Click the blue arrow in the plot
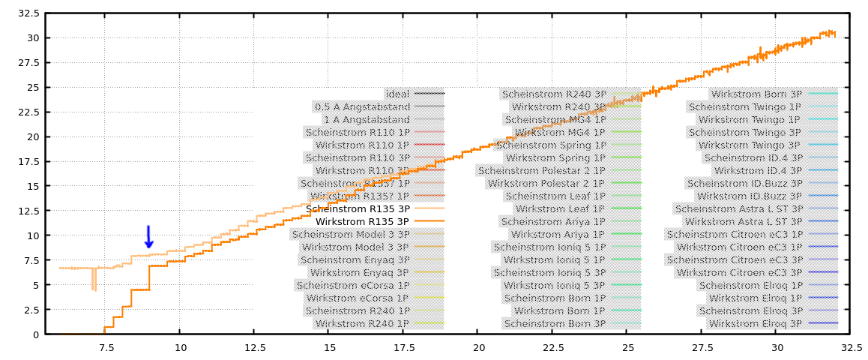click(x=148, y=236)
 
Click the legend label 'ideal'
click(x=397, y=94)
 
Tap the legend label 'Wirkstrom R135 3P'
click(x=362, y=221)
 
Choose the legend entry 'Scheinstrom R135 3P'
click(x=358, y=208)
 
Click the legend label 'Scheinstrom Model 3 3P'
click(x=351, y=234)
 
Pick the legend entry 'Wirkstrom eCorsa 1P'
click(x=358, y=298)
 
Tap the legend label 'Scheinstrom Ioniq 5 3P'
click(x=549, y=272)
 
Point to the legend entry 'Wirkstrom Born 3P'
click(x=756, y=94)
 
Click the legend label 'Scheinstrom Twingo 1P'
click(x=744, y=106)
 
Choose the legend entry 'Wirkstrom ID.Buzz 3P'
click(x=747, y=196)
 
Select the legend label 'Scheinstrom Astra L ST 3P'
click(x=738, y=208)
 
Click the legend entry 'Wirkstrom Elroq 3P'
click(x=756, y=323)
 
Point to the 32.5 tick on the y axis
click(x=28, y=13)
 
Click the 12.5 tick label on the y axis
click(x=28, y=211)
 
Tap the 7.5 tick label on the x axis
click(x=106, y=347)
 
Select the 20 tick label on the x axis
click(x=479, y=347)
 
